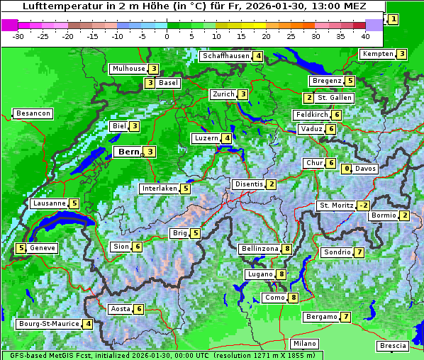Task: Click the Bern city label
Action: coord(128,152)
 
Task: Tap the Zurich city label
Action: coord(223,94)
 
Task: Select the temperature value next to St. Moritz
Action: coord(363,206)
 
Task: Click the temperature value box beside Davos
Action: coord(347,169)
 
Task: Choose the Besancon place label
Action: coord(33,113)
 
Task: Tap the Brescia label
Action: coord(393,346)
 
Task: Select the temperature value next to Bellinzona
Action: coord(286,249)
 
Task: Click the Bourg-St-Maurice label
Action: coord(48,324)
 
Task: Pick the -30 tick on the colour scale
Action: coord(18,35)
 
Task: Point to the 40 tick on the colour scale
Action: coord(365,35)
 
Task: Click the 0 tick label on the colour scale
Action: coord(167,35)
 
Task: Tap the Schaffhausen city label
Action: coord(225,56)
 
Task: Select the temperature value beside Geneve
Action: coord(21,248)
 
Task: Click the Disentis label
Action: coord(248,184)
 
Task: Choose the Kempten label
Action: coord(376,54)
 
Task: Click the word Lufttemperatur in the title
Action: coord(53,6)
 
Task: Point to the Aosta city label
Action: coord(121,309)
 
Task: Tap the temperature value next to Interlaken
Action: coord(185,189)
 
